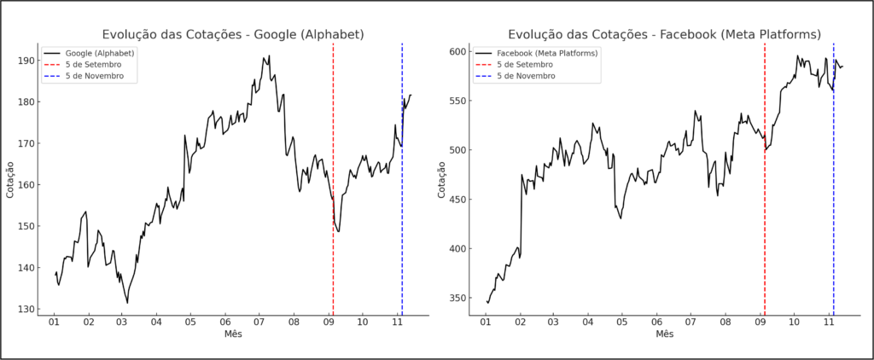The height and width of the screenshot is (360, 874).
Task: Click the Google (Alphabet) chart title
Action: [x=233, y=35]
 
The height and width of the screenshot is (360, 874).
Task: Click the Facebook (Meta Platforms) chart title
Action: [x=665, y=35]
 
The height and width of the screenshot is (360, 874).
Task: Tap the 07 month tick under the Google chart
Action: [x=259, y=322]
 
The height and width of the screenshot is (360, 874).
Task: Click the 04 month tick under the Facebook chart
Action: [x=587, y=322]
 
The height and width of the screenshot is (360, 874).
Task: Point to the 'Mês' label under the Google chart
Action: [x=233, y=334]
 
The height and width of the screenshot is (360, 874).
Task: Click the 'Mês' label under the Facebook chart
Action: [x=665, y=334]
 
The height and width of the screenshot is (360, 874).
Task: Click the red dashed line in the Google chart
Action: [x=333, y=171]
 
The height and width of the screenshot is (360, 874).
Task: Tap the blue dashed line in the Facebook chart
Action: [x=833, y=171]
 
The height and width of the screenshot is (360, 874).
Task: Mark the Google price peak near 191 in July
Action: [x=269, y=56]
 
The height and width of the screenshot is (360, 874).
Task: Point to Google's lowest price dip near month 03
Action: [x=127, y=302]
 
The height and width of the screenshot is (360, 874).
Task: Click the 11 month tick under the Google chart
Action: [x=398, y=322]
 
